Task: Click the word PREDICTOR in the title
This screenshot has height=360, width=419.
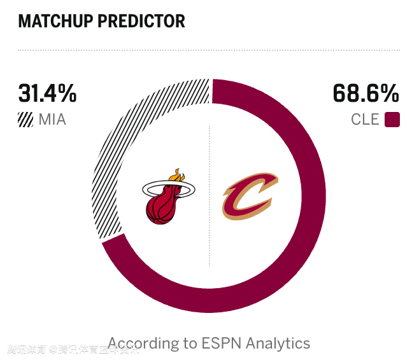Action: [x=141, y=21]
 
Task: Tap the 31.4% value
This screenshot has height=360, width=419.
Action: [x=47, y=93]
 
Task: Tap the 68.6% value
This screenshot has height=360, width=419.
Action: [x=366, y=93]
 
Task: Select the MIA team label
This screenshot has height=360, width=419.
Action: [x=52, y=119]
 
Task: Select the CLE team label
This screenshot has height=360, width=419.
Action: [x=365, y=119]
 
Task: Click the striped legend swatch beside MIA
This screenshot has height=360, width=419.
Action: [x=25, y=119]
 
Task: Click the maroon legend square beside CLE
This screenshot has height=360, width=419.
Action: [x=392, y=119]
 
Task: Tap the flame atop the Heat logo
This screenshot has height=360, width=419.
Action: [x=178, y=176]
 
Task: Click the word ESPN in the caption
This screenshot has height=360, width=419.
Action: [x=222, y=343]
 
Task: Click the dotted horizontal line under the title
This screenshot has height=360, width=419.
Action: [x=209, y=50]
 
